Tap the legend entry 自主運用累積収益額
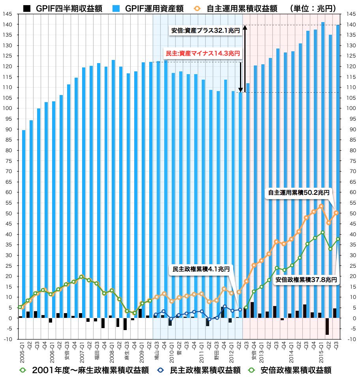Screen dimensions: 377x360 tap(241, 8)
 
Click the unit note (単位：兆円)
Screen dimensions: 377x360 tap(314, 8)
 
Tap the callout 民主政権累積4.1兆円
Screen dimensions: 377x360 tap(201, 269)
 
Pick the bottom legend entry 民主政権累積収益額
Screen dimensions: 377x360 tap(200, 370)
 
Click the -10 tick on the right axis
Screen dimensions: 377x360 tap(351, 339)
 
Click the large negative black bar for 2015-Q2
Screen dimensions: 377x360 tap(327, 326)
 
